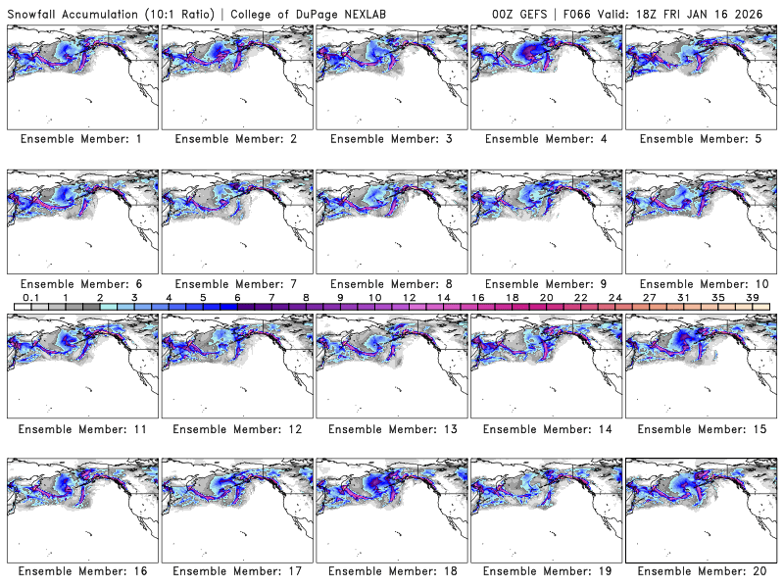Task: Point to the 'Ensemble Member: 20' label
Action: tap(705, 570)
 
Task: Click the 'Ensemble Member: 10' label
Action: tap(705, 284)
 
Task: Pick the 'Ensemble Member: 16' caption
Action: tap(85, 570)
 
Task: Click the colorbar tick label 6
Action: tap(238, 297)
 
